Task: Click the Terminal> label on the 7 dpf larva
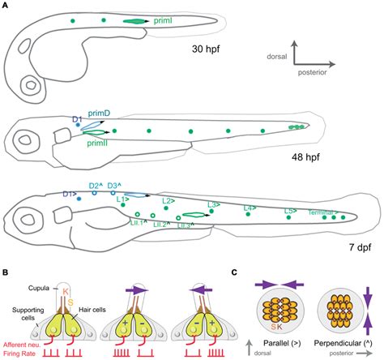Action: [x=325, y=213]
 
